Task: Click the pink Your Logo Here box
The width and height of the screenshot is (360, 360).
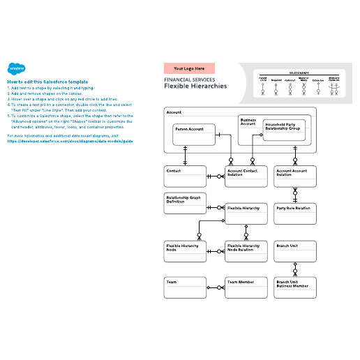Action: coord(189,68)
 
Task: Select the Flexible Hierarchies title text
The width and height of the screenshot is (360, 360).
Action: coord(195,87)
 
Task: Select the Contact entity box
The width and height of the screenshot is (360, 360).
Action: coord(184,177)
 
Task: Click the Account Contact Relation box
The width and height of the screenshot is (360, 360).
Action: coord(246,177)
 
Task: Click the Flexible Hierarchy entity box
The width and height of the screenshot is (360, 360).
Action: coord(246,213)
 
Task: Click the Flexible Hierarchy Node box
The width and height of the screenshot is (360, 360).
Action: coord(184,252)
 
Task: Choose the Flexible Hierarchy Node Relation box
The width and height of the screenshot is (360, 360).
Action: coord(246,252)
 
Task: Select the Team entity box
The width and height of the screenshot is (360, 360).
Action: coord(184,287)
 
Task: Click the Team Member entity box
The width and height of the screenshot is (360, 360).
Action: coord(246,287)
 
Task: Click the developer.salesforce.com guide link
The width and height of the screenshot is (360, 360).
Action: coord(70,140)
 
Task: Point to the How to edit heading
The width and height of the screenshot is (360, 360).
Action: coord(47,82)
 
